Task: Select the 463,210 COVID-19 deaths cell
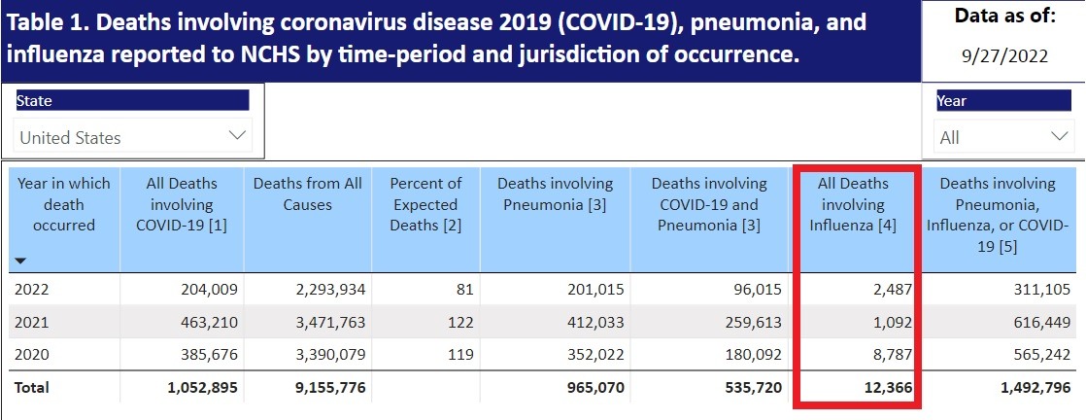(209, 322)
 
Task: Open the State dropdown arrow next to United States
(236, 136)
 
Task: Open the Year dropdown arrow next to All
(1058, 136)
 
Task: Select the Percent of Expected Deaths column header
(425, 204)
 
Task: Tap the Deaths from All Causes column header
(308, 193)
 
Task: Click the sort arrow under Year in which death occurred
(21, 261)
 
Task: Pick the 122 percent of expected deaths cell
(460, 322)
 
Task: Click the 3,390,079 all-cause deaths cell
(325, 355)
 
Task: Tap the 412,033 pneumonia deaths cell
(581, 322)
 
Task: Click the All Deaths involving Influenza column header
(854, 204)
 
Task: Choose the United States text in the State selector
(70, 137)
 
